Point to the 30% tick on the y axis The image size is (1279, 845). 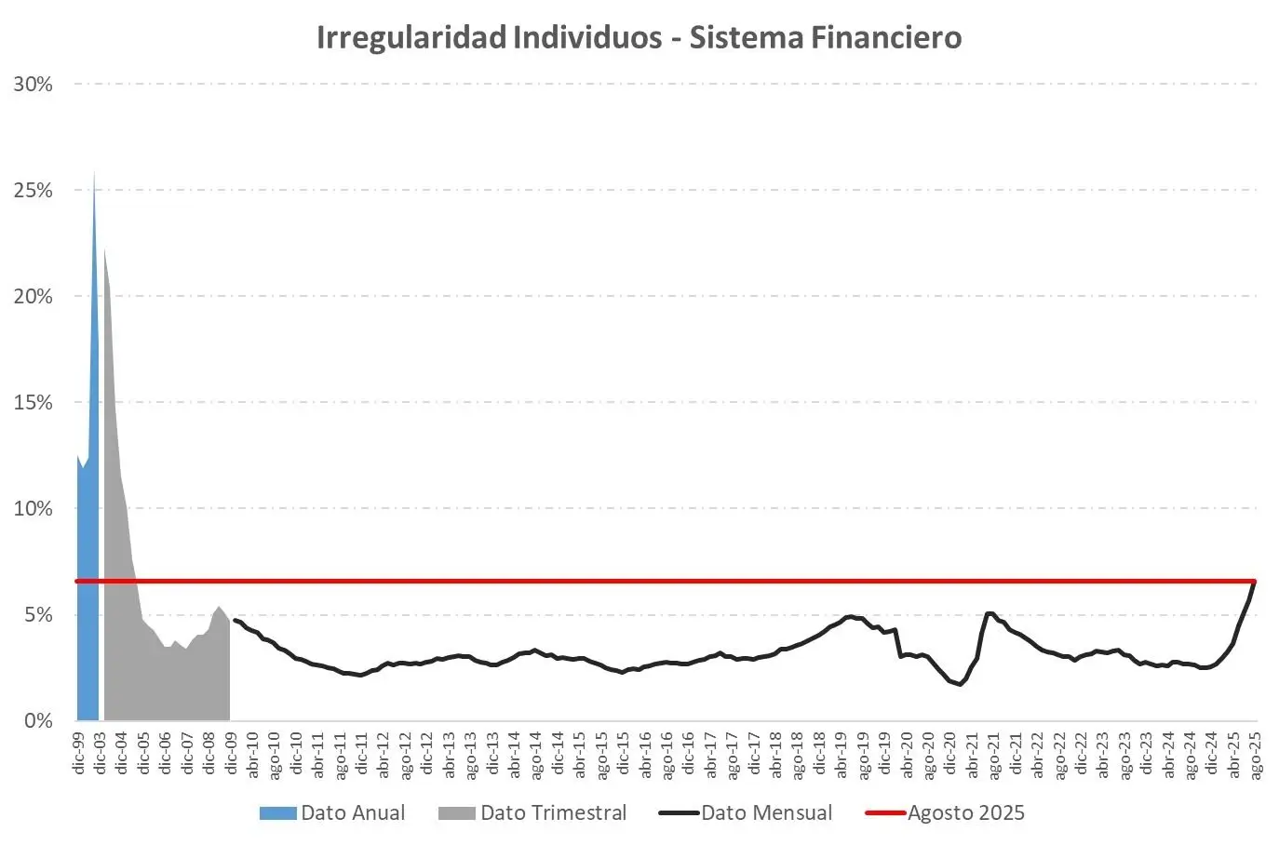(x=34, y=85)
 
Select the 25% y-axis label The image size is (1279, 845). (x=34, y=191)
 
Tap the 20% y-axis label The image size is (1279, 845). (x=34, y=297)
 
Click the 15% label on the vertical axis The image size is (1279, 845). (x=34, y=403)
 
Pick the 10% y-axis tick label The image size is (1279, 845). (x=34, y=509)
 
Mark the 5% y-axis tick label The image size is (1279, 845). (x=38, y=615)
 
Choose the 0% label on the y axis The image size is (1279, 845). (x=38, y=721)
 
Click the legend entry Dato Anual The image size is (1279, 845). (x=352, y=812)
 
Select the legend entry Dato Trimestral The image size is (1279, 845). (x=553, y=812)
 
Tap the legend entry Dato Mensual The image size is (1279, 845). (x=766, y=812)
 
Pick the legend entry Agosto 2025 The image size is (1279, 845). (x=966, y=812)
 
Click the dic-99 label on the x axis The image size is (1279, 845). (x=79, y=753)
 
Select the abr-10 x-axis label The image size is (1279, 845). (x=252, y=753)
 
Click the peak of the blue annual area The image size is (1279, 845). (x=94, y=174)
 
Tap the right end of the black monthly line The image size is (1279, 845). (x=1255, y=582)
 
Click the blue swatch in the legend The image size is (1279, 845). (x=277, y=813)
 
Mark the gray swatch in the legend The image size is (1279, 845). (x=456, y=813)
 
